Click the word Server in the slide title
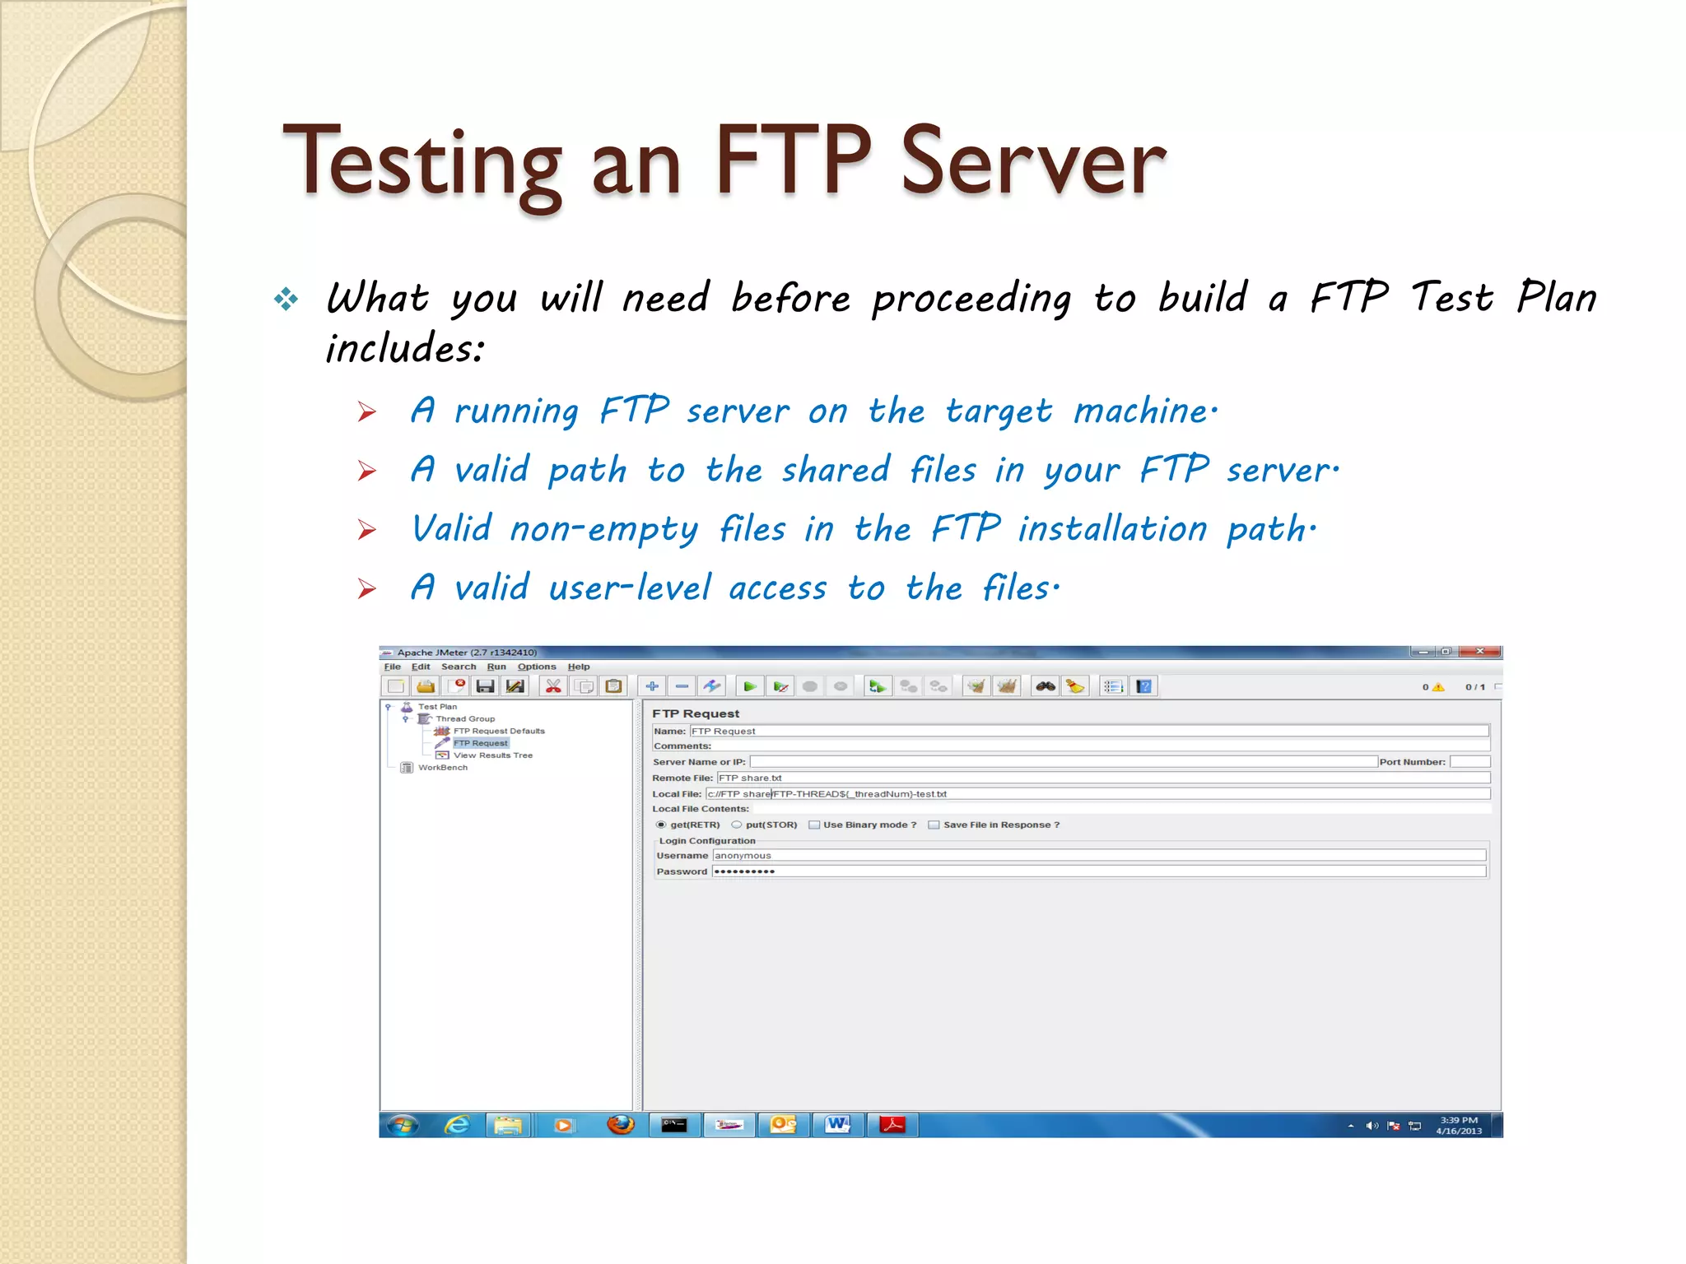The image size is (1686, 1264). click(x=1033, y=161)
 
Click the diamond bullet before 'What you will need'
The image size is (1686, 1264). click(x=286, y=299)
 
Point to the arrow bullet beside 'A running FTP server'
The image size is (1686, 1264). click(x=367, y=411)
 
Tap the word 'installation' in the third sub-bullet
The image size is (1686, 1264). click(x=1112, y=528)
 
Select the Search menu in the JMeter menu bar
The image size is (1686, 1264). click(x=459, y=667)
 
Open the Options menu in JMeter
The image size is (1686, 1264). click(x=537, y=667)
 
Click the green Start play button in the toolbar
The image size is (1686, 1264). click(x=749, y=686)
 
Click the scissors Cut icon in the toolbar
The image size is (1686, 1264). click(x=553, y=686)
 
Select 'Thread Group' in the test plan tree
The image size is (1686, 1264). click(x=465, y=718)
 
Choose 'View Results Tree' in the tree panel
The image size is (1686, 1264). click(x=492, y=755)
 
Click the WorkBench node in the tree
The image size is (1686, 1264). click(x=442, y=768)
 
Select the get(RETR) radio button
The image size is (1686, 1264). click(x=661, y=825)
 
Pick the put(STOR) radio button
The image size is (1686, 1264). click(x=737, y=825)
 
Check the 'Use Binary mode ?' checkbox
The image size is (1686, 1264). click(x=814, y=825)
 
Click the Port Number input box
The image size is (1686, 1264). click(x=1469, y=762)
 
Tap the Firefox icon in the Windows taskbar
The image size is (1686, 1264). click(x=620, y=1125)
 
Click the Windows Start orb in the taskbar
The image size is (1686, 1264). click(x=403, y=1125)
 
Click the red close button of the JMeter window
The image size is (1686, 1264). click(x=1479, y=652)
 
